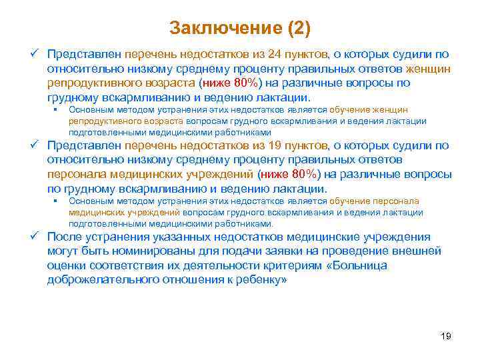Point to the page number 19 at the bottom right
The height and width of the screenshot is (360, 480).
click(x=446, y=336)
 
